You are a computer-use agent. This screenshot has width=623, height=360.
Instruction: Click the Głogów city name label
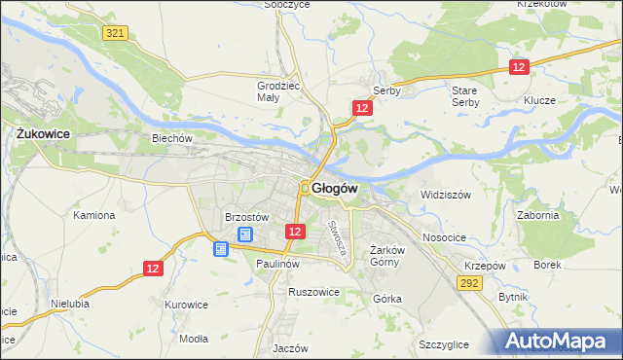click(x=336, y=188)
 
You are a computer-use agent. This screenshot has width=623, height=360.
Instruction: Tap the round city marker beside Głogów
click(x=305, y=188)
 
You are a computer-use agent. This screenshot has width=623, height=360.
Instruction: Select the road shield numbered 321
click(x=115, y=33)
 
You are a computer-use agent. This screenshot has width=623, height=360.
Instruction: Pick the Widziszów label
click(x=445, y=195)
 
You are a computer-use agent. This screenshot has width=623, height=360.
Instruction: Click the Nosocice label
click(x=443, y=237)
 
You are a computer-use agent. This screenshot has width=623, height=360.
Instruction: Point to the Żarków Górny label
click(x=386, y=256)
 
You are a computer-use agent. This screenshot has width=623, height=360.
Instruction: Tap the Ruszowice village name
click(x=313, y=291)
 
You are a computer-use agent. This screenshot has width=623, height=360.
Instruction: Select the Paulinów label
click(x=276, y=264)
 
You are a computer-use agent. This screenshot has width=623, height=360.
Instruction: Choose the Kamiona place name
click(x=94, y=215)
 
